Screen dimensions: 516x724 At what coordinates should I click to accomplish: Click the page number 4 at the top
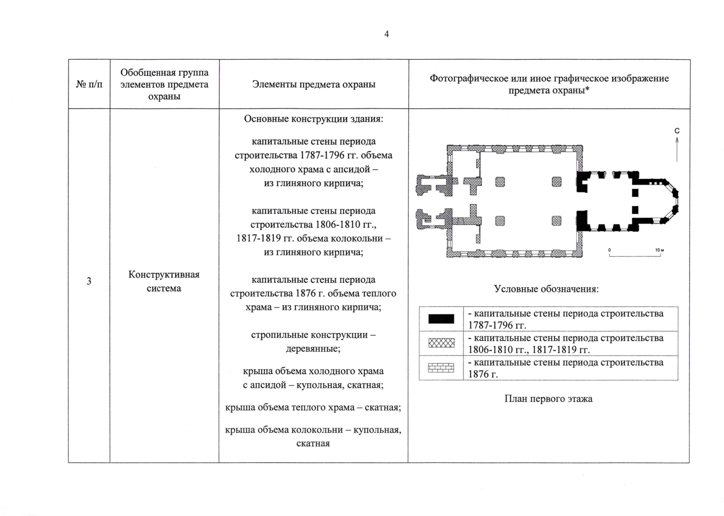coord(387,34)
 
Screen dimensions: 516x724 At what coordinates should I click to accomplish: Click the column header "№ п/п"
coord(89,84)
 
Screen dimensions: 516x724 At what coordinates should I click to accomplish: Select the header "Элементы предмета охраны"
coord(313,84)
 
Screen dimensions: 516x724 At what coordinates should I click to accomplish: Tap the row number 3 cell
coord(89,281)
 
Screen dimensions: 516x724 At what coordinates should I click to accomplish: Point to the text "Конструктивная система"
coord(164,281)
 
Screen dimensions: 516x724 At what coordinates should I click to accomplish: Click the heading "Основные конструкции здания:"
coord(313,119)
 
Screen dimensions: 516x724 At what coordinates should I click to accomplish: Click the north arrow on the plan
coord(677,150)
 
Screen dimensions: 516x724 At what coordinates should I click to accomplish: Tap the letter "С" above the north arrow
coord(677,131)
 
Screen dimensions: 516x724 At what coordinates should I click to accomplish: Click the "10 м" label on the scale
coord(660,250)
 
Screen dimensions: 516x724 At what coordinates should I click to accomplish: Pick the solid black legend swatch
coord(441,319)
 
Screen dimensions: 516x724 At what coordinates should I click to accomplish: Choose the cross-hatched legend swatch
coord(441,343)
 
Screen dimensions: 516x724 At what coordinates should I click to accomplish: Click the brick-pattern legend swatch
coord(441,368)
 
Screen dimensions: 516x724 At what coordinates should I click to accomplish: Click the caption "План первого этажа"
coord(548,399)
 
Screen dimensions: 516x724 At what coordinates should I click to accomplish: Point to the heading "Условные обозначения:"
coord(546,289)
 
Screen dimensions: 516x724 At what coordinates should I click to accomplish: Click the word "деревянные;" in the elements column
coord(313,349)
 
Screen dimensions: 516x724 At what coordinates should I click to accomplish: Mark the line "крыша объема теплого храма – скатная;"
coord(313,407)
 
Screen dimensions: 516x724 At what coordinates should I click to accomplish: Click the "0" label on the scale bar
coord(609,250)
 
